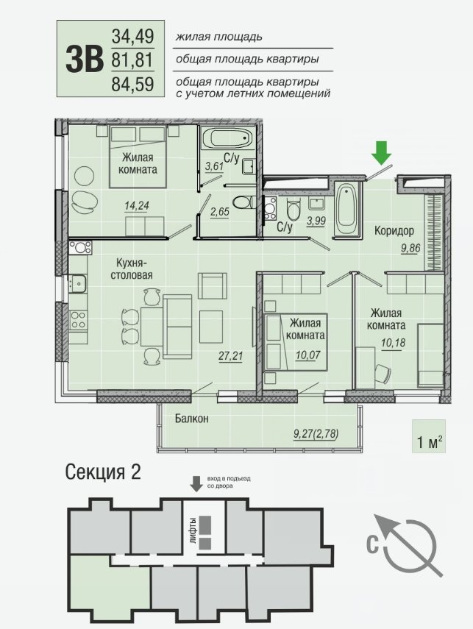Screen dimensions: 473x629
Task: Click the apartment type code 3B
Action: (x=85, y=60)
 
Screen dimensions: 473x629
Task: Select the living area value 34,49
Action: (x=133, y=37)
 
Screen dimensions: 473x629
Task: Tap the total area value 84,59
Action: (x=133, y=85)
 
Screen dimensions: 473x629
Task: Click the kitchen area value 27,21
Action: (x=231, y=355)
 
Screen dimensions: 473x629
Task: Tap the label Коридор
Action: (x=394, y=231)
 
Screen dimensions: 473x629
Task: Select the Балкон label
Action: (x=192, y=419)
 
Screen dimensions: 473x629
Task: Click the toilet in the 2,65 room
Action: (x=242, y=202)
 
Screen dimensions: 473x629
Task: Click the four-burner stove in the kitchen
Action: (x=78, y=320)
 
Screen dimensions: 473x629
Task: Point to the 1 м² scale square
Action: (x=428, y=436)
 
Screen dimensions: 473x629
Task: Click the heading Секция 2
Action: (x=103, y=472)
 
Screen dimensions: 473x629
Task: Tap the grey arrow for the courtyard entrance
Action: (x=196, y=484)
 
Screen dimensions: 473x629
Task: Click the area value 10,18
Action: (x=393, y=343)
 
